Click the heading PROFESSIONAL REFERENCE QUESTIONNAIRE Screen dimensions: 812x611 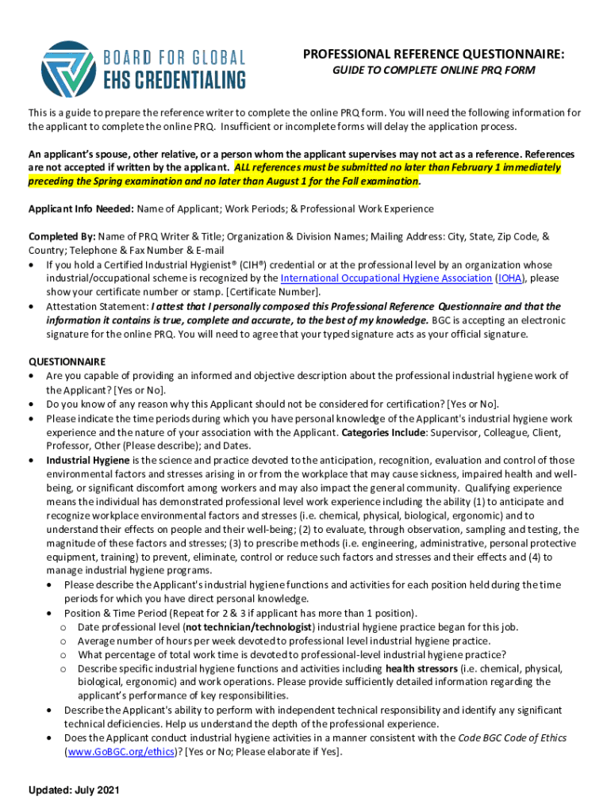[433, 54]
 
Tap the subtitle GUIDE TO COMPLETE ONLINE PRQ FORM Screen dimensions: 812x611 [433, 71]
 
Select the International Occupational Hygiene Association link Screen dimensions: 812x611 [386, 278]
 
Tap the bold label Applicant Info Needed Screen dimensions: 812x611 [81, 209]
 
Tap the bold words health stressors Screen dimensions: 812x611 [421, 668]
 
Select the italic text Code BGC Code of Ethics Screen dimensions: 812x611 [513, 737]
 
